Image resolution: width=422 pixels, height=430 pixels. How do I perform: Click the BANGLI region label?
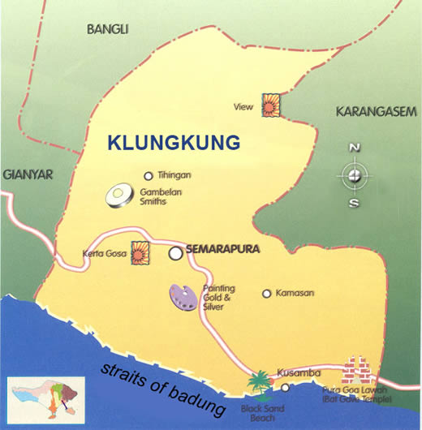pos(108,28)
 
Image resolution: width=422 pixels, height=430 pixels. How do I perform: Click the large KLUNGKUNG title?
pos(174,143)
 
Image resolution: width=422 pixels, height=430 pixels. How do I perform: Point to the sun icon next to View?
pos(269,104)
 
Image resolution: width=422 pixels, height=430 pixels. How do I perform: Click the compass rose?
pos(354,174)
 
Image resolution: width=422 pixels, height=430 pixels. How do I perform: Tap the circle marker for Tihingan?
pos(148,175)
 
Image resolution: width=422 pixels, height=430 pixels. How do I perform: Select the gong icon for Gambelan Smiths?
pos(119,196)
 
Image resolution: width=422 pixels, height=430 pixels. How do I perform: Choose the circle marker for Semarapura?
pos(175,253)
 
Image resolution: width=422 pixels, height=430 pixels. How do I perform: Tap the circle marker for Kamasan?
pos(266,294)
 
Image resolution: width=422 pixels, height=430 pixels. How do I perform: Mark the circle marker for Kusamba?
pos(285,387)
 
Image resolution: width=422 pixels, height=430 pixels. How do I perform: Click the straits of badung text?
pos(163,388)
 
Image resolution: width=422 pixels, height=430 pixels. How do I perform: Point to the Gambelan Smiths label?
pos(165,197)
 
